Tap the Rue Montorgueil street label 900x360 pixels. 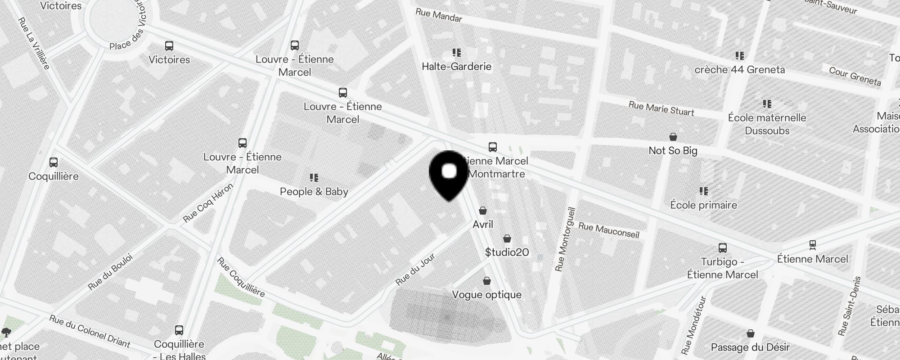tap(566, 239)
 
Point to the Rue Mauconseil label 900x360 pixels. tap(609, 230)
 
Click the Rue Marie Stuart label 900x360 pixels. tap(661, 108)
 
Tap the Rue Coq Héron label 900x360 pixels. tap(208, 203)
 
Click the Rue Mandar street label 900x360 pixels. tap(439, 15)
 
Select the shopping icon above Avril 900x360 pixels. tap(483, 211)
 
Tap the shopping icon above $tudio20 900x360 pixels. tap(507, 238)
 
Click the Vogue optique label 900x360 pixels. tap(487, 295)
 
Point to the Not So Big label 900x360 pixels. tap(673, 151)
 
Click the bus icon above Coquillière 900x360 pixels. tap(54, 162)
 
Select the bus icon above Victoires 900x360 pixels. tap(169, 46)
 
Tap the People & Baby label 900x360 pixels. tap(314, 192)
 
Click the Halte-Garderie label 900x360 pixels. tap(456, 67)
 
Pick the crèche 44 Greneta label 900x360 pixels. tap(739, 70)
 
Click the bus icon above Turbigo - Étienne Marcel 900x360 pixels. tap(723, 248)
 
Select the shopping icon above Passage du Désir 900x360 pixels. tap(750, 333)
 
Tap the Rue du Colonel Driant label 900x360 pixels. tap(90, 332)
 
